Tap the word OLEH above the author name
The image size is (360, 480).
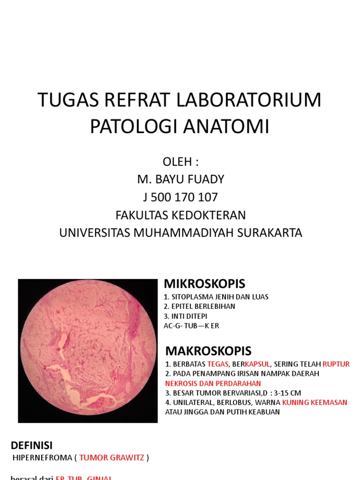[x=177, y=162]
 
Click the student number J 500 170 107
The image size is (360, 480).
[x=180, y=197]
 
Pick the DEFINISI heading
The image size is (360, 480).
[x=32, y=445]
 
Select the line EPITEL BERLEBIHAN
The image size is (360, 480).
[x=202, y=306]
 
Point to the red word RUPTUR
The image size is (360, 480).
[x=336, y=364]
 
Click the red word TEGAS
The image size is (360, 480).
[x=217, y=364]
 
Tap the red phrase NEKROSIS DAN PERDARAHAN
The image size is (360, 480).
[x=213, y=383]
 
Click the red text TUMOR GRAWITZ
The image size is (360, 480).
[x=112, y=457]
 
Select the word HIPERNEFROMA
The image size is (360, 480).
[x=42, y=457]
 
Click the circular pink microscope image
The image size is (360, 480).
[x=88, y=351]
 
